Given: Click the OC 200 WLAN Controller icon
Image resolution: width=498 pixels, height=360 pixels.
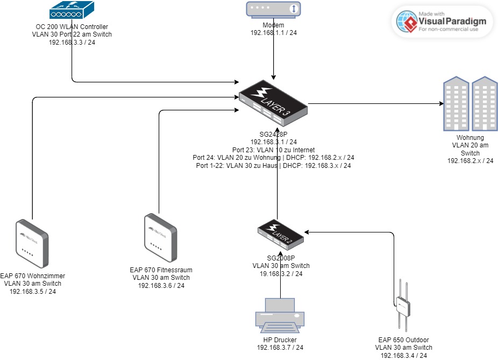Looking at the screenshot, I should pos(72,11).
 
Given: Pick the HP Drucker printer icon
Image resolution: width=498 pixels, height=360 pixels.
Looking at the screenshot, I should pos(280,317).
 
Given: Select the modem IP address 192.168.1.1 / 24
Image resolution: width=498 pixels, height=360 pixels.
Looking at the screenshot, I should pos(274,33).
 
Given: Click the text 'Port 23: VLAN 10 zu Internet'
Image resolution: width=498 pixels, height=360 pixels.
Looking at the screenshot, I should pos(273,150).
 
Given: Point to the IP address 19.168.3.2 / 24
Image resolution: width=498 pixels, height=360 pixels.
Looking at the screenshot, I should pos(278,274).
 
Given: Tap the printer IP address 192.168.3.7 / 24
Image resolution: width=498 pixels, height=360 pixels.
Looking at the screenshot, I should pos(280,348).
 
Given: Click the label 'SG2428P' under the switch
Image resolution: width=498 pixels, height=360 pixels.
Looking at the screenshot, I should pos(274,135).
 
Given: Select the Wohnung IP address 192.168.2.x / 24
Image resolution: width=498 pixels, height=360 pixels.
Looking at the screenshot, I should pos(470,160).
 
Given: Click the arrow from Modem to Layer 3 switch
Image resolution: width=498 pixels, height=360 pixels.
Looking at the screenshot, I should pos(274,57).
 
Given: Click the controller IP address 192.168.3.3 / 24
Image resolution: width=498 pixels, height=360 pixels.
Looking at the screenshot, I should pos(72,42).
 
